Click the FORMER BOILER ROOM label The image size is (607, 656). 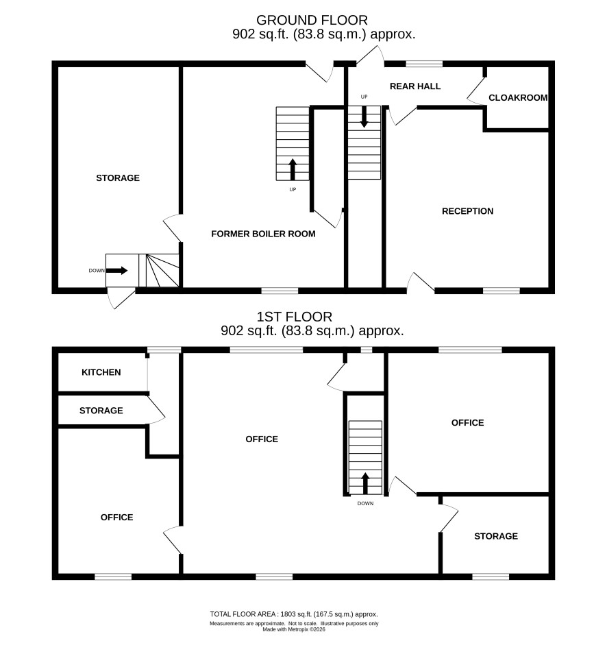click(x=263, y=234)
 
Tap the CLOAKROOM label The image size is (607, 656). click(x=518, y=97)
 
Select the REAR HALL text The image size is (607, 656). click(x=415, y=86)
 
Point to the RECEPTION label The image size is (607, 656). click(x=468, y=211)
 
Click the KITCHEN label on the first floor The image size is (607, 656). click(x=101, y=372)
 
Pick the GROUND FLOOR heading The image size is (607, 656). click(x=312, y=20)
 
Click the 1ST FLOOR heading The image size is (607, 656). click(x=295, y=316)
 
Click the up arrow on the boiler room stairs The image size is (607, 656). click(x=293, y=169)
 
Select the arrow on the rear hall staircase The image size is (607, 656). click(x=364, y=117)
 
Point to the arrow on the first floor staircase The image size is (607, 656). click(x=365, y=483)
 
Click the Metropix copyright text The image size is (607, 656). click(x=294, y=629)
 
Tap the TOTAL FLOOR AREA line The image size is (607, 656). click(x=294, y=614)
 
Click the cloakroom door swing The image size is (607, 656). click(x=475, y=91)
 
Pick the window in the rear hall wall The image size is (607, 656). click(x=424, y=64)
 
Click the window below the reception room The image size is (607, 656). click(x=501, y=291)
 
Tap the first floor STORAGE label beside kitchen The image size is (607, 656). click(x=101, y=411)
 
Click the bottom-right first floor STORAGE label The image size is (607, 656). click(x=496, y=536)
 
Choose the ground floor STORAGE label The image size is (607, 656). click(x=118, y=178)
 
